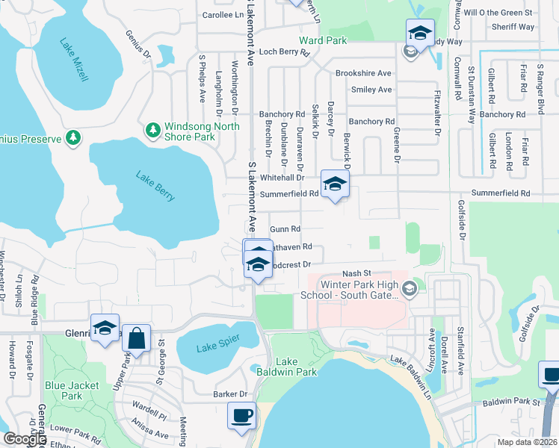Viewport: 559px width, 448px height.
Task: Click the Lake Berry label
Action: (155, 186)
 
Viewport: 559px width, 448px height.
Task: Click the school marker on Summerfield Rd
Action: (335, 183)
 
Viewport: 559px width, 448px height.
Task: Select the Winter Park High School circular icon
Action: (409, 288)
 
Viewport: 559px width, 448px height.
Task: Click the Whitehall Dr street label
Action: (282, 178)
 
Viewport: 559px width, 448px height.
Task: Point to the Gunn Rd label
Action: (285, 229)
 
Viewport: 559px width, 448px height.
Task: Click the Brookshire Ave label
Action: (363, 73)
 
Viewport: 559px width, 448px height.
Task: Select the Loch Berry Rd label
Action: (284, 52)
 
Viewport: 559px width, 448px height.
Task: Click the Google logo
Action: (25, 439)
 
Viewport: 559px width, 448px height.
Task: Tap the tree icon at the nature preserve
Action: (73, 137)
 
